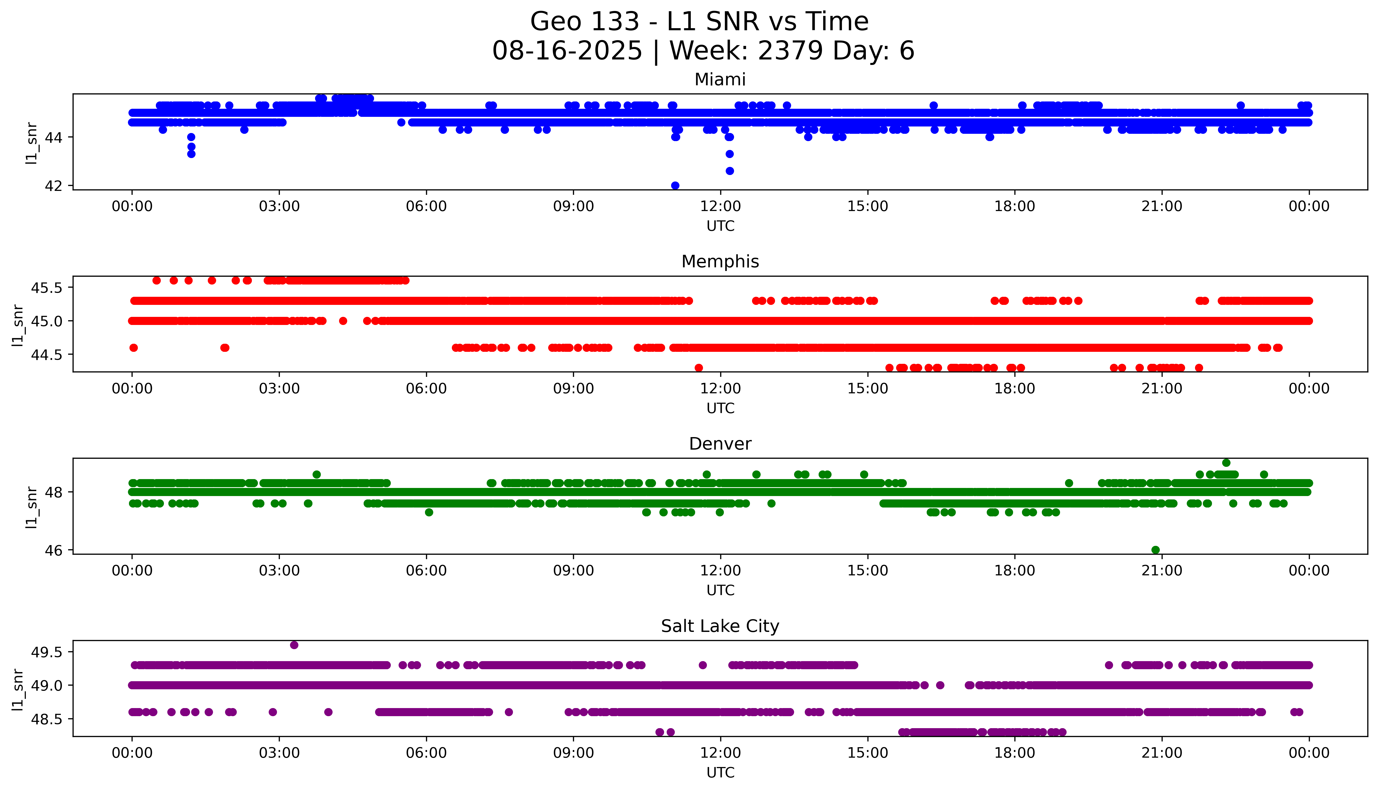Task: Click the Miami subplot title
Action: point(720,80)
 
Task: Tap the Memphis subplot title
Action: point(720,262)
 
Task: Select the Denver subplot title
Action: point(720,444)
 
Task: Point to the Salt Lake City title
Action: point(720,626)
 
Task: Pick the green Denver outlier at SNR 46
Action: point(1156,550)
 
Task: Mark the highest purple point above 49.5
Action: point(294,645)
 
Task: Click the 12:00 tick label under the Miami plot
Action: point(720,207)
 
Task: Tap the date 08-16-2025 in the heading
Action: point(567,51)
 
